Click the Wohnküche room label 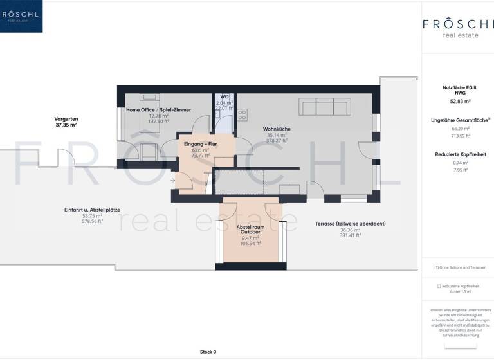tap(276, 129)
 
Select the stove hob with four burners tap(242, 115)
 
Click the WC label tap(224, 96)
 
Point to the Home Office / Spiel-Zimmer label tap(158, 110)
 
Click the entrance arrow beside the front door tap(174, 181)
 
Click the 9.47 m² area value tap(250, 238)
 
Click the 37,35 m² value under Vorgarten tap(66, 125)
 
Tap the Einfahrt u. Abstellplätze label tap(93, 209)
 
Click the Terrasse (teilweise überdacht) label tap(350, 223)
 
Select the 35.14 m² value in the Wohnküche tap(276, 135)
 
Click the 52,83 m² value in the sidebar tap(461, 102)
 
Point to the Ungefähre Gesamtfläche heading tap(459, 120)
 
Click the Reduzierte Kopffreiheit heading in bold tap(461, 154)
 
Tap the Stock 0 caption tap(208, 352)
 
